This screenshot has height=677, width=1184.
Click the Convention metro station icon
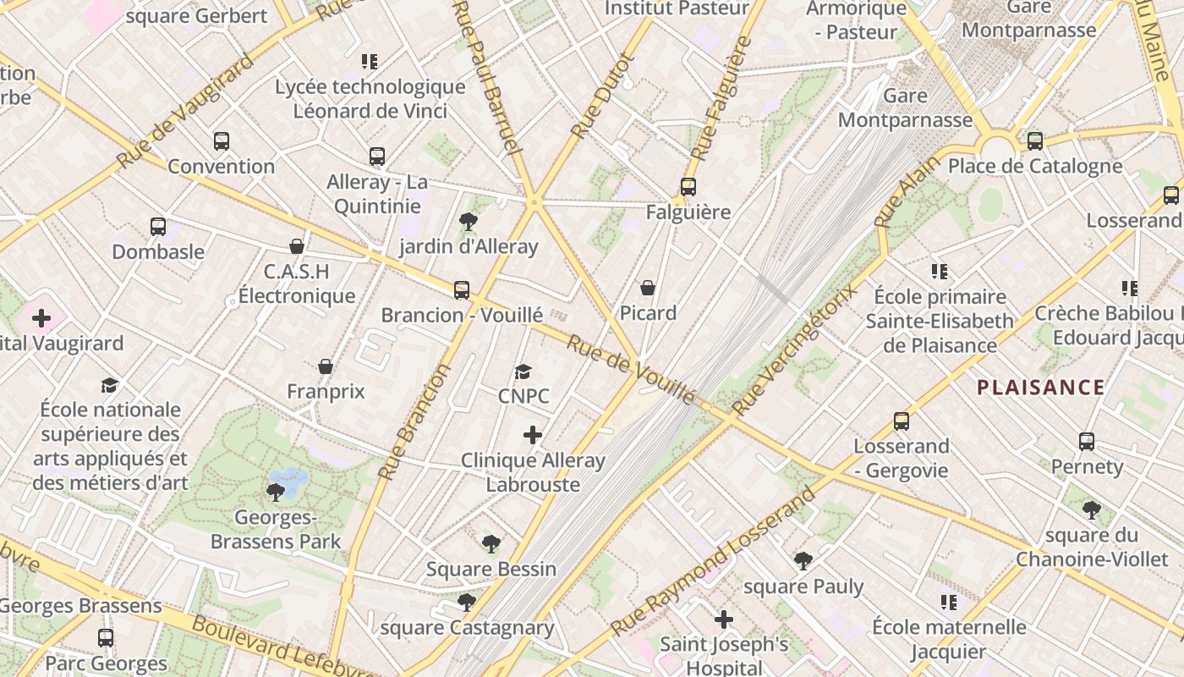tap(222, 141)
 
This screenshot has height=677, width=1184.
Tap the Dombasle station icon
tap(158, 226)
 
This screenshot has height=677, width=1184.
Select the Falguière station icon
tap(688, 187)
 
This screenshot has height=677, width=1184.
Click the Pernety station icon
tap(1087, 441)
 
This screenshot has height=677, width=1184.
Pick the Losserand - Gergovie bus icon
tap(902, 421)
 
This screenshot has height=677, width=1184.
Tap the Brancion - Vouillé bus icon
tap(462, 290)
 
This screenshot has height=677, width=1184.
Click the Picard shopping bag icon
tap(648, 288)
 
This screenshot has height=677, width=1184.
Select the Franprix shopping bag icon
tap(326, 366)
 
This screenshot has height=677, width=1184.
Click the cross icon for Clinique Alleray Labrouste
tap(533, 435)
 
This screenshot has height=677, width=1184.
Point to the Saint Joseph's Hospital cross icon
tap(724, 619)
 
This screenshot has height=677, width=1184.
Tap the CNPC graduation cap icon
tap(523, 372)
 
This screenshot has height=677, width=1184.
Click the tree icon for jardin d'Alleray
tap(468, 222)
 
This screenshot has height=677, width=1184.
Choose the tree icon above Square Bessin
tap(491, 543)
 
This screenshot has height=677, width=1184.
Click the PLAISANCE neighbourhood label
tap(1040, 388)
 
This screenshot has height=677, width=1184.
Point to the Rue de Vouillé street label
tap(630, 370)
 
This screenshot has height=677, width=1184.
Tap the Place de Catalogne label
tap(1034, 166)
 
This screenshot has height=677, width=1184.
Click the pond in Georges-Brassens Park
tap(290, 482)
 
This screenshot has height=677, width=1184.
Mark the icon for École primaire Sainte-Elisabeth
tap(940, 272)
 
